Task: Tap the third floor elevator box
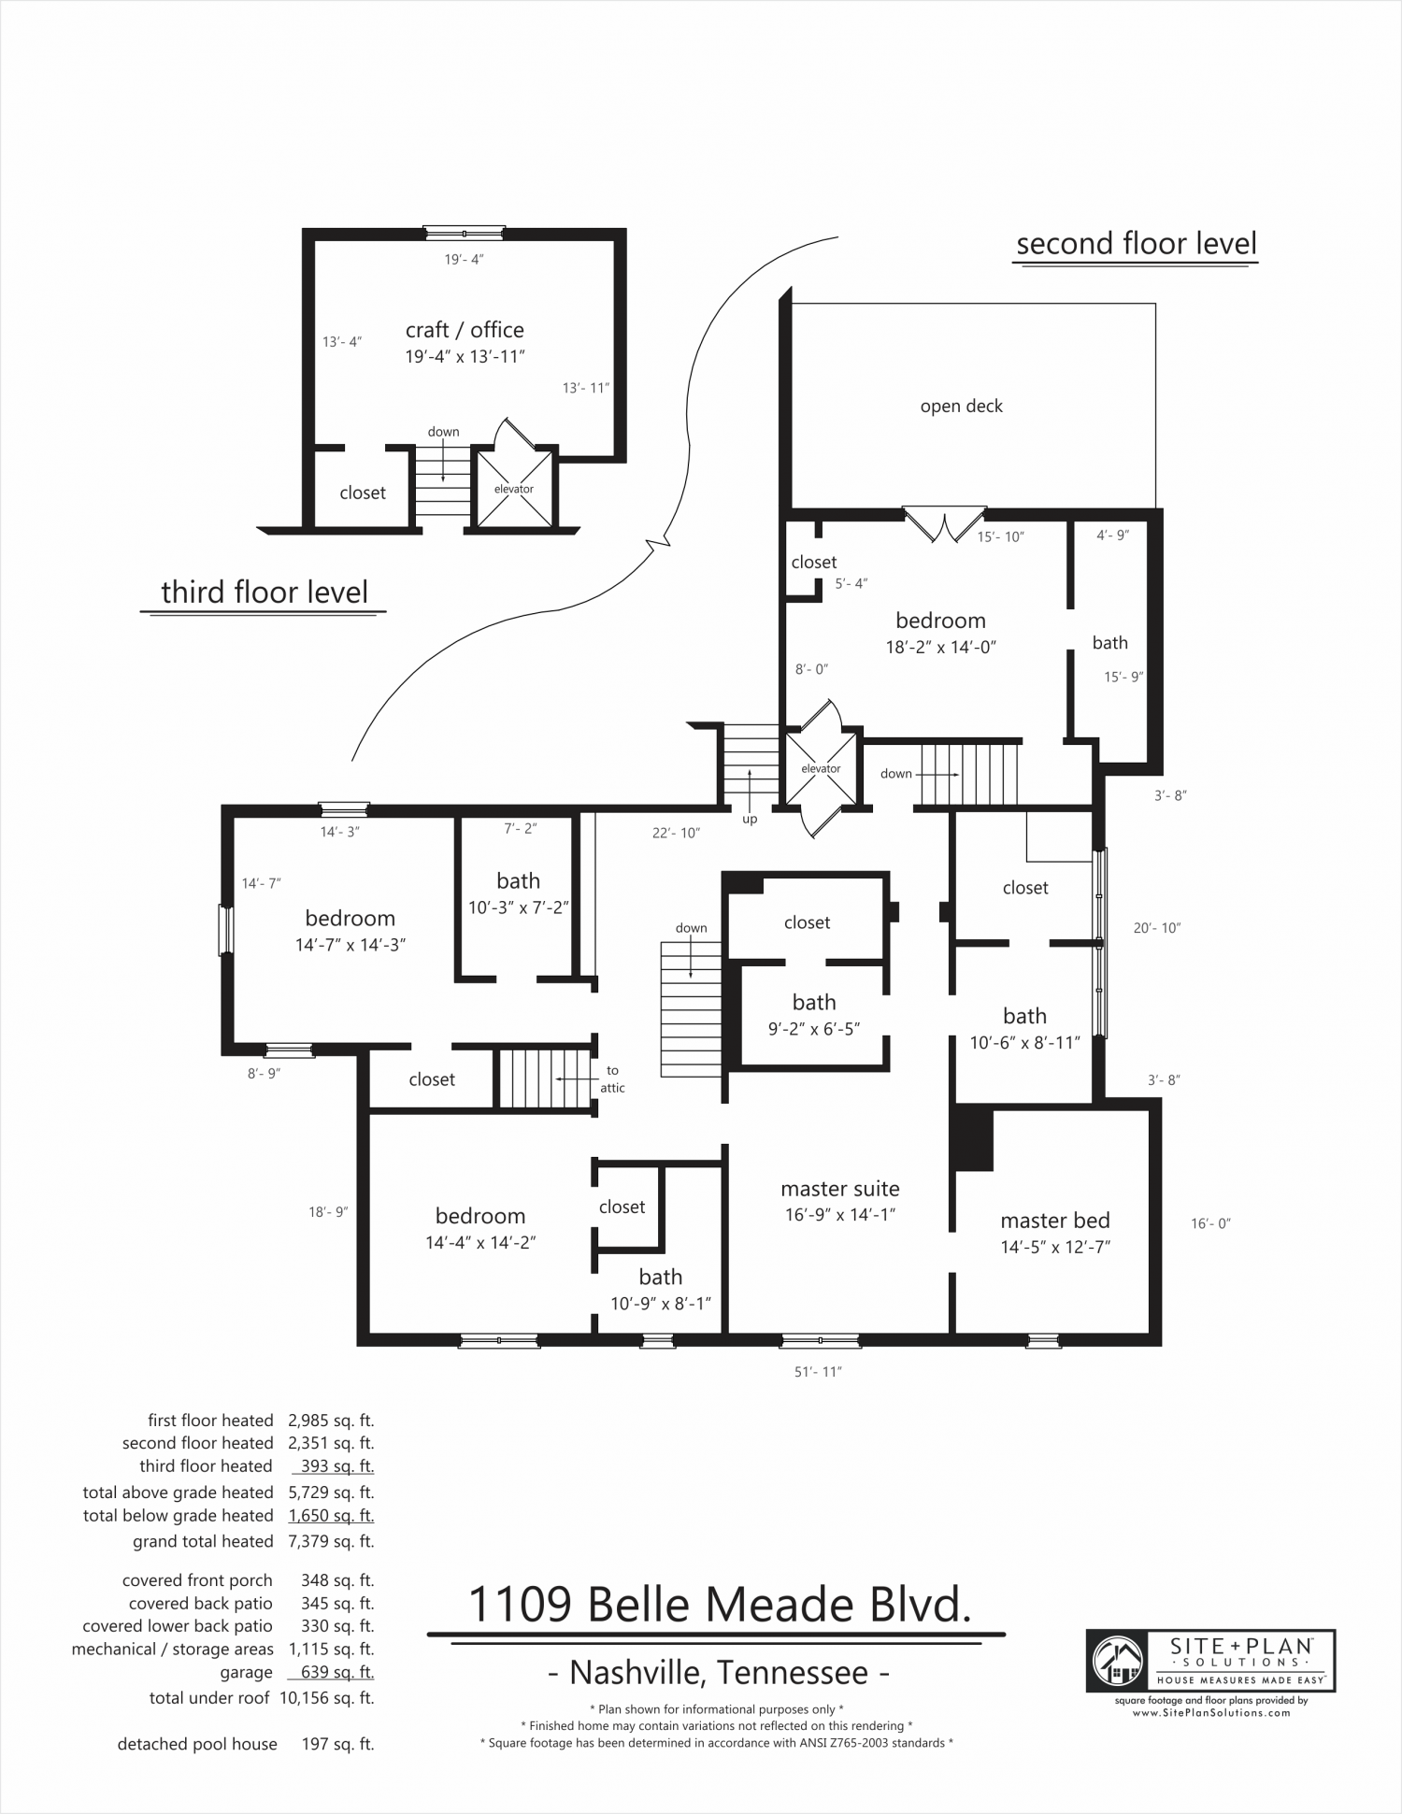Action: (513, 489)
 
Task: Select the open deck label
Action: (961, 407)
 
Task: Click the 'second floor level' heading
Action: (1137, 244)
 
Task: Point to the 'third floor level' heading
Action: (265, 593)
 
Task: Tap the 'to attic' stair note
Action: (613, 1079)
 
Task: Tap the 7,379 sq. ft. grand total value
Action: (332, 1541)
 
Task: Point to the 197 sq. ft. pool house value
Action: (337, 1744)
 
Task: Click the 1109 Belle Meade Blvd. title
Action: (719, 1604)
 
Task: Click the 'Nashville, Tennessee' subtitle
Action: (718, 1671)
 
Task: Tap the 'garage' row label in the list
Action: (246, 1673)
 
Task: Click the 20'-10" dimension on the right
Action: (1157, 928)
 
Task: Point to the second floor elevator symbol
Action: (821, 768)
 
